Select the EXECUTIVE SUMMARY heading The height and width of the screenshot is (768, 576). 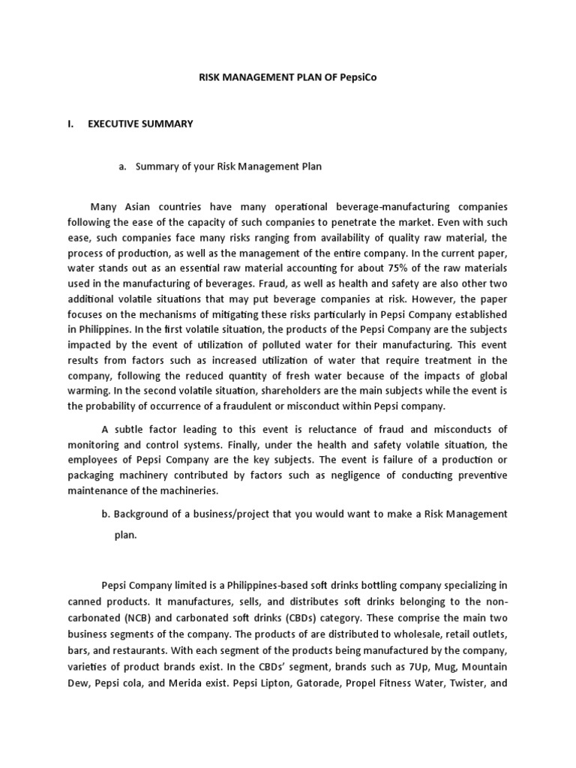[x=140, y=124]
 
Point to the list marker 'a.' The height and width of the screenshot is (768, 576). [x=122, y=166]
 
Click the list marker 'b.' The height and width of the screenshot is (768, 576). [x=106, y=514]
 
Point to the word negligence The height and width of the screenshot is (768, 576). [x=356, y=475]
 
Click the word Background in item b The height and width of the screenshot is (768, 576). [x=142, y=514]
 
